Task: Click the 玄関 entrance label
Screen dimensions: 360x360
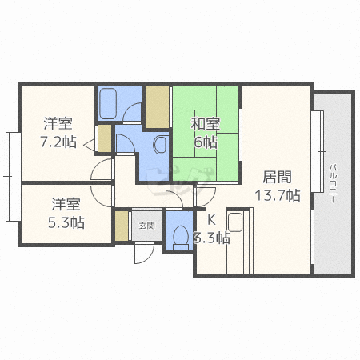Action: (146, 226)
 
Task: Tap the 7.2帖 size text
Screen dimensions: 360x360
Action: (58, 142)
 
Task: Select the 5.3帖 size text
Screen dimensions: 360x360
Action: (66, 222)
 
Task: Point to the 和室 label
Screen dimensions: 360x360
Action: (205, 124)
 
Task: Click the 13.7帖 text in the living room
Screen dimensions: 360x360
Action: (278, 195)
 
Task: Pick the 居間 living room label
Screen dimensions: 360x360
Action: (278, 177)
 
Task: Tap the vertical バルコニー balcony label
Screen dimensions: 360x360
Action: (333, 184)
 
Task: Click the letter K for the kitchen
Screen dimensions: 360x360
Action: (211, 220)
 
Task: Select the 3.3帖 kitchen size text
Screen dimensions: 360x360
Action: (211, 238)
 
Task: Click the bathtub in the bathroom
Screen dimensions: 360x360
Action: (108, 103)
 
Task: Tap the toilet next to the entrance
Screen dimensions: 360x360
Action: (181, 238)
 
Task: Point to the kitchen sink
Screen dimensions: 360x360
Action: (235, 222)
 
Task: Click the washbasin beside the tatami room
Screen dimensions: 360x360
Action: (161, 145)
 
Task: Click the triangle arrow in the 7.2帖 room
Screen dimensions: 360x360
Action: (90, 145)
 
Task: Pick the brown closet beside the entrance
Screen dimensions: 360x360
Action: (122, 226)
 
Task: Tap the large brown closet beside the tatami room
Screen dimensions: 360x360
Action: (158, 107)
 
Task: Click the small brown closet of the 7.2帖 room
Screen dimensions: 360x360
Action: (105, 138)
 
